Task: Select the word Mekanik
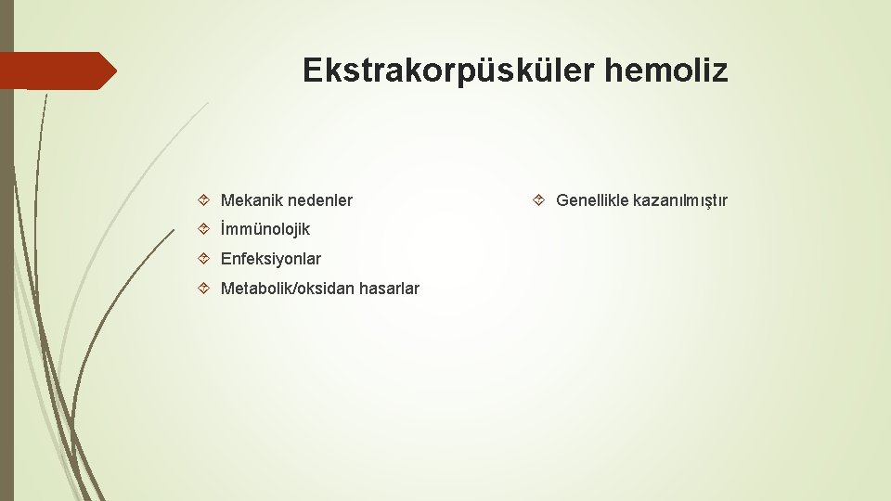[x=252, y=200]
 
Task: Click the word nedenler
[x=320, y=200]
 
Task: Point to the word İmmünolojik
[x=265, y=229]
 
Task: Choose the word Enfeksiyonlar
[x=271, y=259]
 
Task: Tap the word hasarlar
[x=389, y=289]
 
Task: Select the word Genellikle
[x=591, y=200]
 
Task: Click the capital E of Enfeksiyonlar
[x=226, y=259]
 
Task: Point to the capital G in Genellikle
[x=562, y=200]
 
